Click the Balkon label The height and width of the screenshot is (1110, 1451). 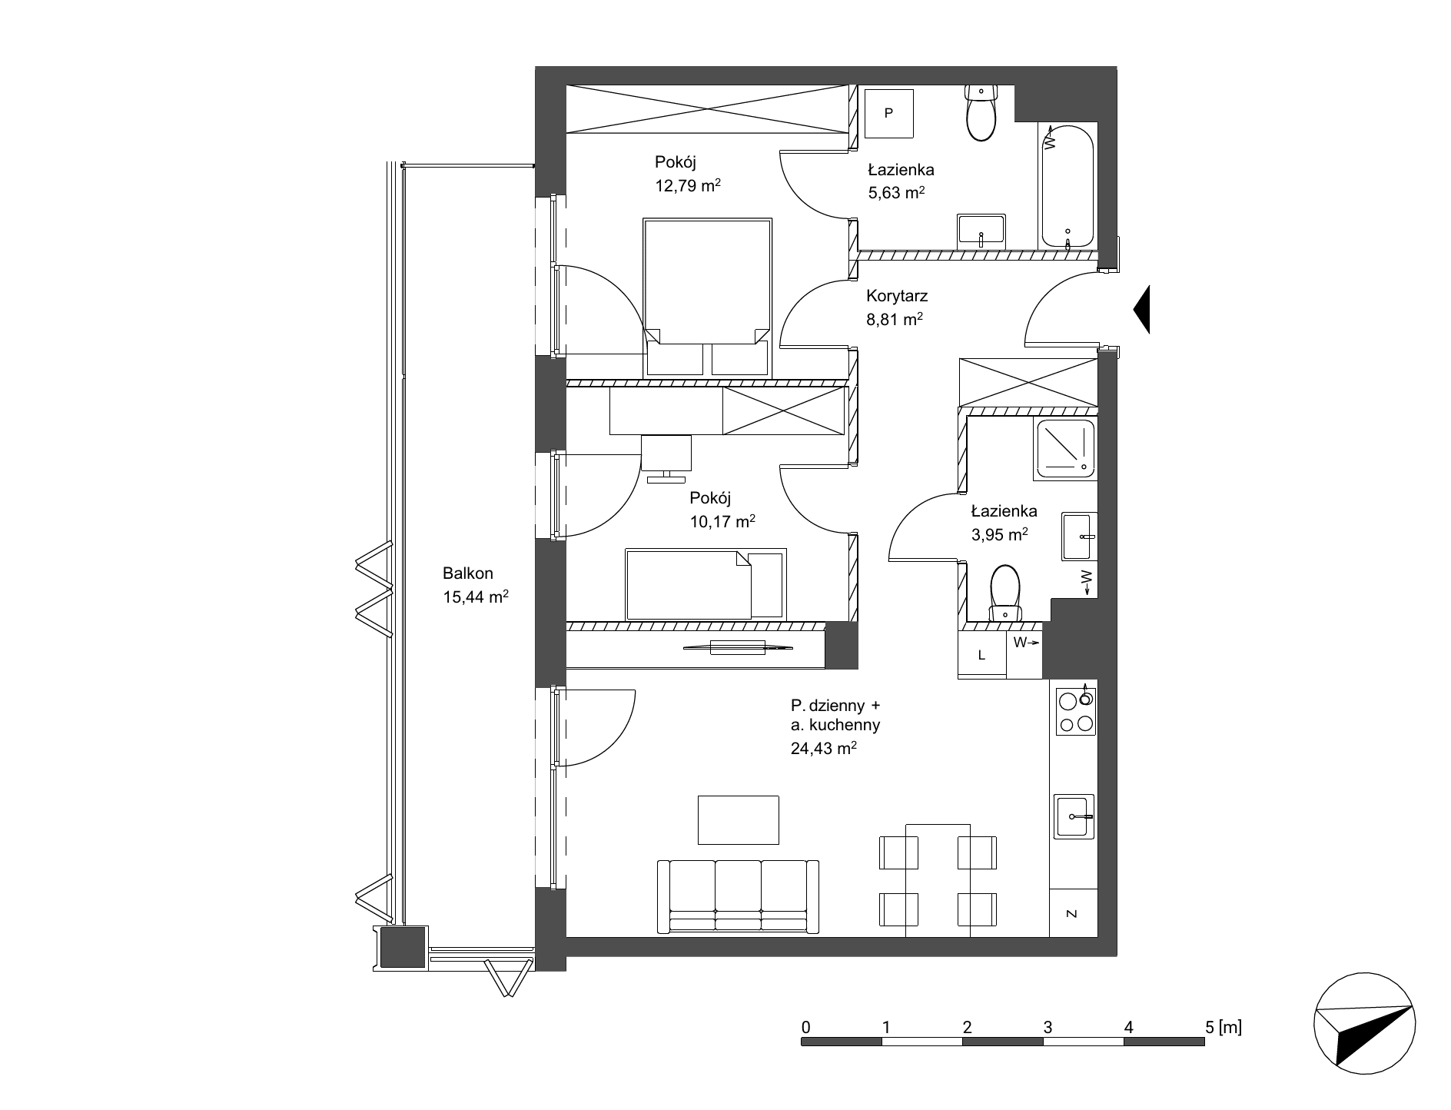click(468, 573)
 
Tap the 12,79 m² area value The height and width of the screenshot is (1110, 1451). click(687, 186)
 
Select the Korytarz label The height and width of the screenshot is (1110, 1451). click(897, 295)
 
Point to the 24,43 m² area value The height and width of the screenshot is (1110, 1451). click(824, 748)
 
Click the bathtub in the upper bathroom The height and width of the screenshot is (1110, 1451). click(1067, 185)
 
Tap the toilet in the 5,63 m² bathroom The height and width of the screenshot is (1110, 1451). click(980, 113)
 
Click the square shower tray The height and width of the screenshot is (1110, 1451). click(1064, 448)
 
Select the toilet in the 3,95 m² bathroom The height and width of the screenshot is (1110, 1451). click(1004, 593)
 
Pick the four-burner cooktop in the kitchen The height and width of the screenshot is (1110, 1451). click(1075, 711)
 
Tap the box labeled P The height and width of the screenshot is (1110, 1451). click(889, 113)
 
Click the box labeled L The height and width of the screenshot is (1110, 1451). click(982, 655)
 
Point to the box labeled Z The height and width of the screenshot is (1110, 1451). click(1072, 913)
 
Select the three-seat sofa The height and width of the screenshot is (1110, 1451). click(738, 896)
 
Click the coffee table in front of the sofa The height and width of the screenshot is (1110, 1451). click(738, 819)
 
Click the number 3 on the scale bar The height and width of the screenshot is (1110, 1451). click(1048, 1026)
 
